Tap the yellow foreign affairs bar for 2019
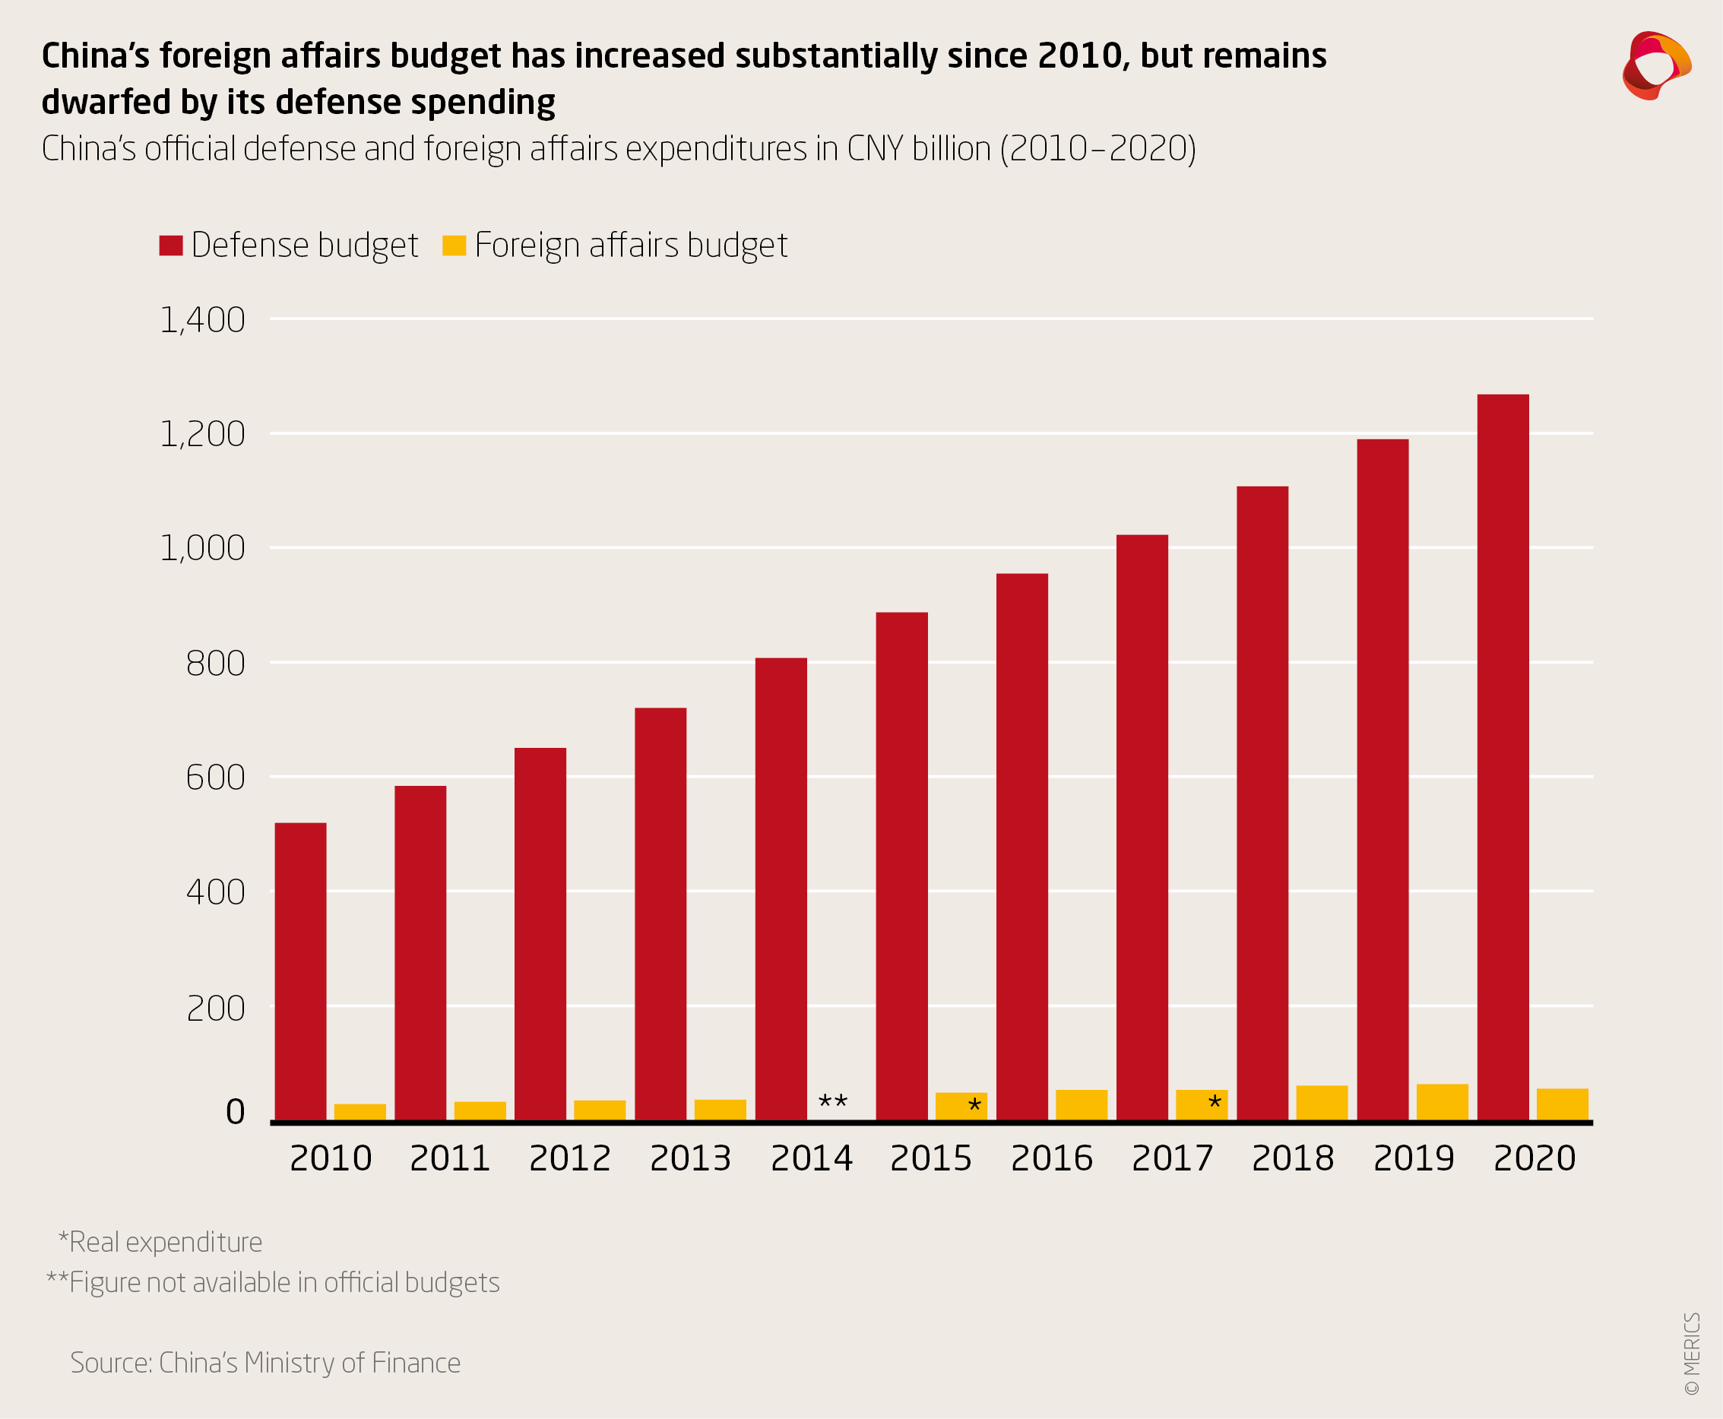(1442, 1102)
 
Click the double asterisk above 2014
(833, 1102)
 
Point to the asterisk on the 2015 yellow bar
(974, 1107)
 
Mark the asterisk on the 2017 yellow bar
(1215, 1104)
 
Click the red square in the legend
(171, 245)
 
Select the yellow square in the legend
(454, 245)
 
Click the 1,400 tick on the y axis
(203, 320)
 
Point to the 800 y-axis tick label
(216, 663)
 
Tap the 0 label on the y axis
(236, 1112)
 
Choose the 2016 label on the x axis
(1051, 1158)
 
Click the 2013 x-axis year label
(690, 1158)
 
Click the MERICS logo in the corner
(1656, 65)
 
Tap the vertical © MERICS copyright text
(1692, 1354)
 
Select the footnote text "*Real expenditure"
(160, 1242)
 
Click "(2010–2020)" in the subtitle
(1097, 149)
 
